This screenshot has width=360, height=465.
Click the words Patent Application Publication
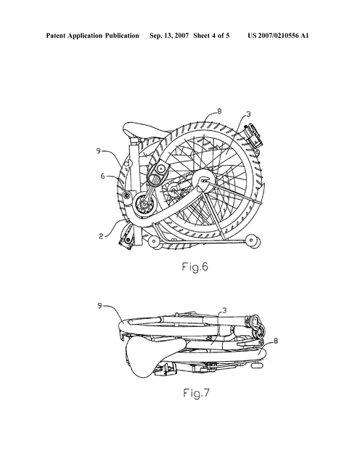(x=92, y=36)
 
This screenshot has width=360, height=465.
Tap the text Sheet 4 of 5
(x=211, y=36)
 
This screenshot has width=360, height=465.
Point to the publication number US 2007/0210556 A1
(x=278, y=36)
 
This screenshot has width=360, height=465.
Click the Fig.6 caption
(x=195, y=267)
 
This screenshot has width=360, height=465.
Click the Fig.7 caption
(x=196, y=393)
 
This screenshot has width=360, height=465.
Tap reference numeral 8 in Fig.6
(x=219, y=111)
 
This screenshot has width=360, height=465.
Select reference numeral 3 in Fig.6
(x=248, y=114)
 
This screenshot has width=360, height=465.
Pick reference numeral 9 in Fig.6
(x=99, y=151)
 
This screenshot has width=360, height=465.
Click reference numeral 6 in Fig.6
(x=102, y=176)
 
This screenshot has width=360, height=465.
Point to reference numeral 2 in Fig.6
(x=102, y=236)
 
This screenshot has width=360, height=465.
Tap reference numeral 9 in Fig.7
(x=100, y=305)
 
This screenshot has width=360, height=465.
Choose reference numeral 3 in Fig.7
(x=224, y=310)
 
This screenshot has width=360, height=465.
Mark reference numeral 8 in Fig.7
(x=276, y=341)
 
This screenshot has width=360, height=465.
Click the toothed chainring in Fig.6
(x=144, y=205)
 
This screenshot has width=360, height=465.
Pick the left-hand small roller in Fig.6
(x=155, y=241)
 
